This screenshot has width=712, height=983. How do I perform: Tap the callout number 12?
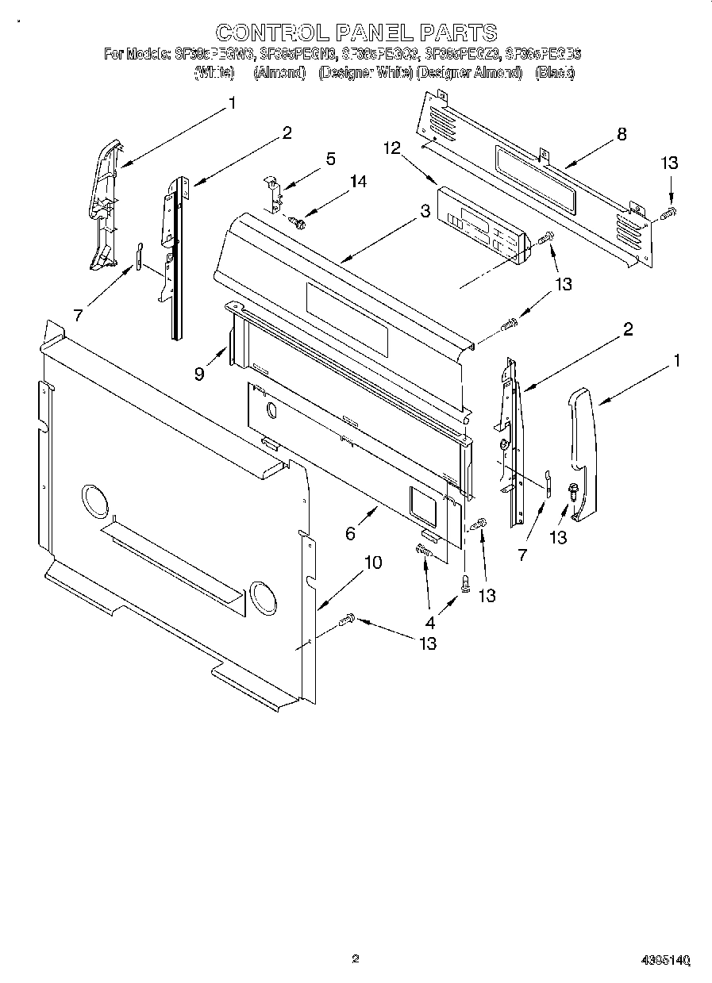coord(391,148)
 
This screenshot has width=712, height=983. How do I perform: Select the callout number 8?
coord(622,134)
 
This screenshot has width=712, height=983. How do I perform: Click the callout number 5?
coord(330,159)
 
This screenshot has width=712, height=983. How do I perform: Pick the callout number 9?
coord(199,372)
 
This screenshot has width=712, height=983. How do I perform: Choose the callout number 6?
coord(350,534)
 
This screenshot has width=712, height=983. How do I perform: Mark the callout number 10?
coord(372,563)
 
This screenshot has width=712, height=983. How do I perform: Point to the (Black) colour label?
coord(555,73)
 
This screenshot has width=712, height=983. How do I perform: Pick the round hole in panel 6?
coord(271,411)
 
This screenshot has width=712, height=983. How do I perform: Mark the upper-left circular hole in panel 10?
coord(94,502)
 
